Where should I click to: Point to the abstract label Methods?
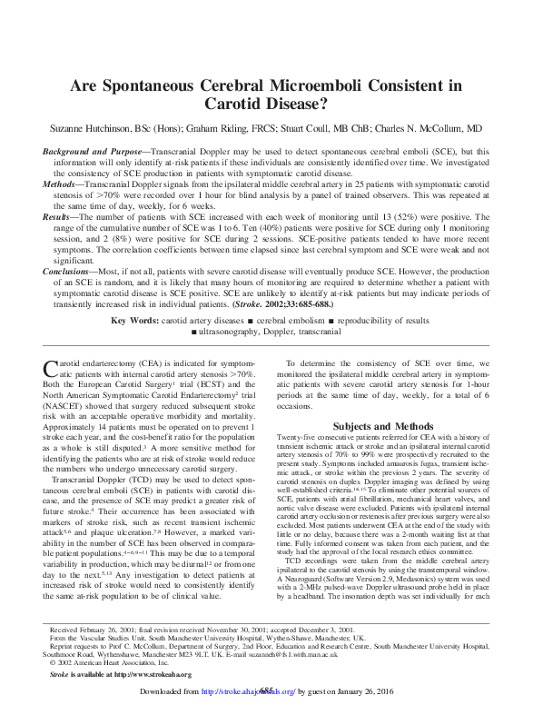[66, 183]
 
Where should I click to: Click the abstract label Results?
[63, 219]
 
